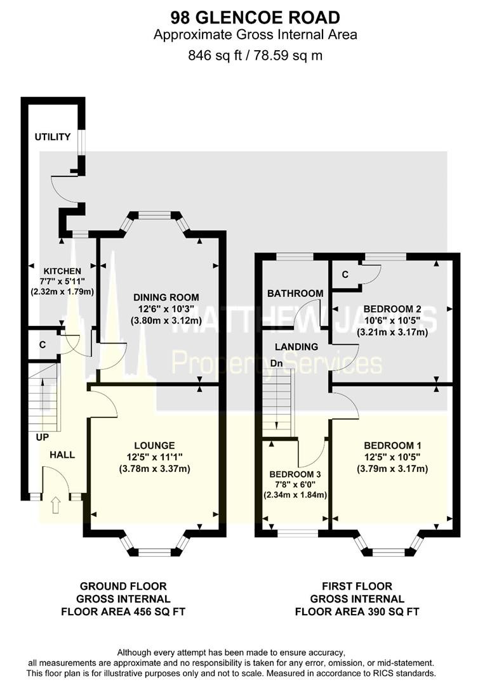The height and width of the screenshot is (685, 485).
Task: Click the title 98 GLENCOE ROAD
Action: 255,18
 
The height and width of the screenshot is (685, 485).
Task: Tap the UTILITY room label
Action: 53,137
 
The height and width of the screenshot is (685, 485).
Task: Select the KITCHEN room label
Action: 62,271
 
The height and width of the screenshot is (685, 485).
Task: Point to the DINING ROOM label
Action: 166,297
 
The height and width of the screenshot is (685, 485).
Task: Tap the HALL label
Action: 62,455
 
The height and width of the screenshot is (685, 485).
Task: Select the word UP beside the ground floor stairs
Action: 43,437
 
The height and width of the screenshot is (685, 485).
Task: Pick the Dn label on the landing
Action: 276,363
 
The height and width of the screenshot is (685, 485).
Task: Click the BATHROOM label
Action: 295,293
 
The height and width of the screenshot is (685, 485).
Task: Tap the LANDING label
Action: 296,347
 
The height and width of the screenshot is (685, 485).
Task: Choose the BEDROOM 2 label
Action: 392,309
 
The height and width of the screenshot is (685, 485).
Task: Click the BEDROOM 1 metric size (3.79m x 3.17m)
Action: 392,469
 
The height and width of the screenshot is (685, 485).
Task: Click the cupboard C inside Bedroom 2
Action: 345,275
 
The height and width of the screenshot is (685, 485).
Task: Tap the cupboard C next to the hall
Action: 43,344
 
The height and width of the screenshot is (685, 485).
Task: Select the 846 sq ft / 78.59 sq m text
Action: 255,55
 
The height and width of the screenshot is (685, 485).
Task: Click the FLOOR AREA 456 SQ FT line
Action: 123,611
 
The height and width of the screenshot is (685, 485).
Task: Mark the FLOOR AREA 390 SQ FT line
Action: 357,611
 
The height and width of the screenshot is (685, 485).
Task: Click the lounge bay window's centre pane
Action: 154,552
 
